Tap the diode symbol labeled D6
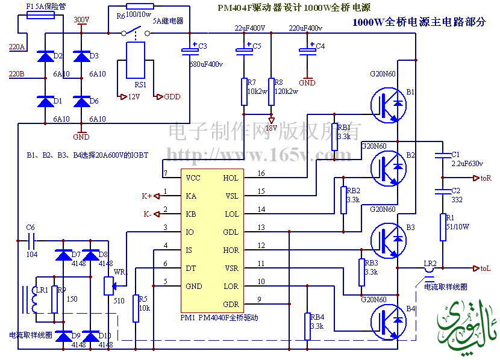(81, 101)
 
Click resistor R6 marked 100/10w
(140, 6)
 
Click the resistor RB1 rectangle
(336, 137)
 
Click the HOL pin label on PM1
(231, 178)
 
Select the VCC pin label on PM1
(193, 178)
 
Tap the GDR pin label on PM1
(231, 304)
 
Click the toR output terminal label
(486, 178)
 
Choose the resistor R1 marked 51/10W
(443, 227)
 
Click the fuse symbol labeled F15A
(41, 15)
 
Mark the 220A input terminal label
(17, 47)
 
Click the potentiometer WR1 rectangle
(109, 285)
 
